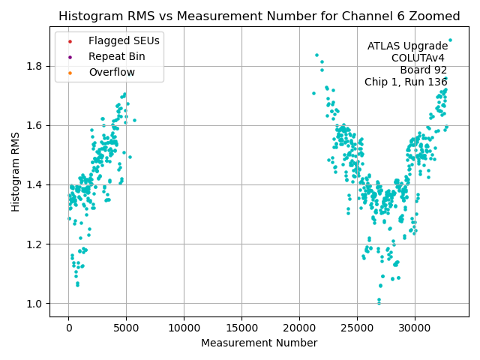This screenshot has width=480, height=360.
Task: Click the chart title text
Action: pyautogui.click(x=259, y=16)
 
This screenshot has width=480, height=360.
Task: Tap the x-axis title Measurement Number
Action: pyautogui.click(x=259, y=343)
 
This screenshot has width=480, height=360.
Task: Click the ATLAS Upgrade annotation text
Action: pyautogui.click(x=407, y=46)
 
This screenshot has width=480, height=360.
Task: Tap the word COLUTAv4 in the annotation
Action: pyautogui.click(x=418, y=58)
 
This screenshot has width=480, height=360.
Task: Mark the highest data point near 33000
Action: pyautogui.click(x=450, y=40)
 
